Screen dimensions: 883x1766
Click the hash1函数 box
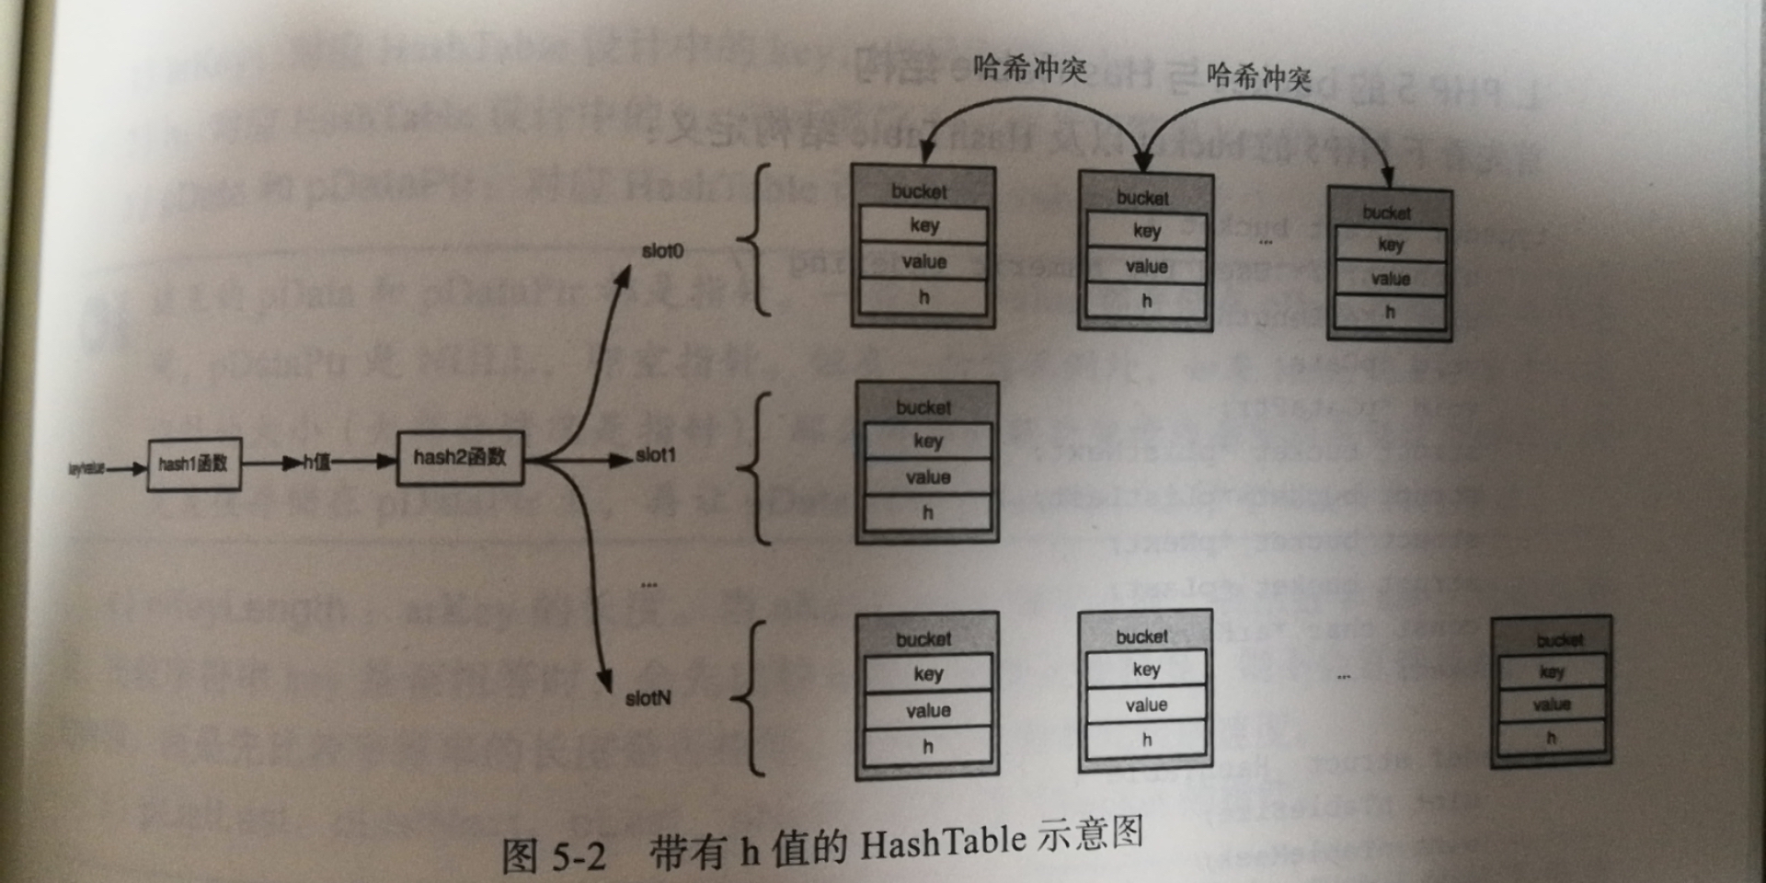click(194, 464)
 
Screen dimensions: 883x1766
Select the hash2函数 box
click(460, 457)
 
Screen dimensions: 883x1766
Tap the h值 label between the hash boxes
click(317, 462)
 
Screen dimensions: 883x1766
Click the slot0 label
click(662, 251)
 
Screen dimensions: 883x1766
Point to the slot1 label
click(656, 455)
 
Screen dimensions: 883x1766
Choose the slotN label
click(648, 698)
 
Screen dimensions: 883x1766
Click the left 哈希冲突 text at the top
click(1030, 69)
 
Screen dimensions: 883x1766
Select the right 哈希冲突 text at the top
click(1258, 77)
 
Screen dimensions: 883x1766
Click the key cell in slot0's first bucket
click(923, 225)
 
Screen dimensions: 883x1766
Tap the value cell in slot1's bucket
click(927, 477)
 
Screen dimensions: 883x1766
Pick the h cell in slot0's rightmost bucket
click(1390, 313)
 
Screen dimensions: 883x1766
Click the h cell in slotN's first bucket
click(927, 747)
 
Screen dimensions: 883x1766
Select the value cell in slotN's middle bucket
click(1146, 705)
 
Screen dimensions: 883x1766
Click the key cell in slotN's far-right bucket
click(1552, 672)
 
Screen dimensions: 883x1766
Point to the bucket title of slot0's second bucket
click(1143, 198)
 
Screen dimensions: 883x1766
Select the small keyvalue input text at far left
click(86, 469)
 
